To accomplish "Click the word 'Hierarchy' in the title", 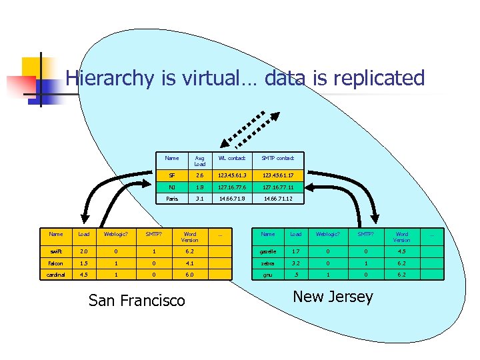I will click(x=110, y=78).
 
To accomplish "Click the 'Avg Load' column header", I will click(x=200, y=161).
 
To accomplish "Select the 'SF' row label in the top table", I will click(x=171, y=175).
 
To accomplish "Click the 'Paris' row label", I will click(x=171, y=199).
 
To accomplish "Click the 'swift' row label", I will click(x=56, y=251).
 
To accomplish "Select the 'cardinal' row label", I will click(x=56, y=274).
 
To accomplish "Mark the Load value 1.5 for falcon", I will click(x=84, y=263).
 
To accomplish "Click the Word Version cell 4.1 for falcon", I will click(x=190, y=263).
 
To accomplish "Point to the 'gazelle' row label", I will click(x=268, y=251).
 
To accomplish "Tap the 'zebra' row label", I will click(x=268, y=263).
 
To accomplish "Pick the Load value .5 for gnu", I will click(x=296, y=274).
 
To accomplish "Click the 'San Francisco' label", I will click(x=137, y=301).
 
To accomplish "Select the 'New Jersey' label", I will click(x=333, y=297).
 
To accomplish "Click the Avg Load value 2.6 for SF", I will click(x=200, y=175).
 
